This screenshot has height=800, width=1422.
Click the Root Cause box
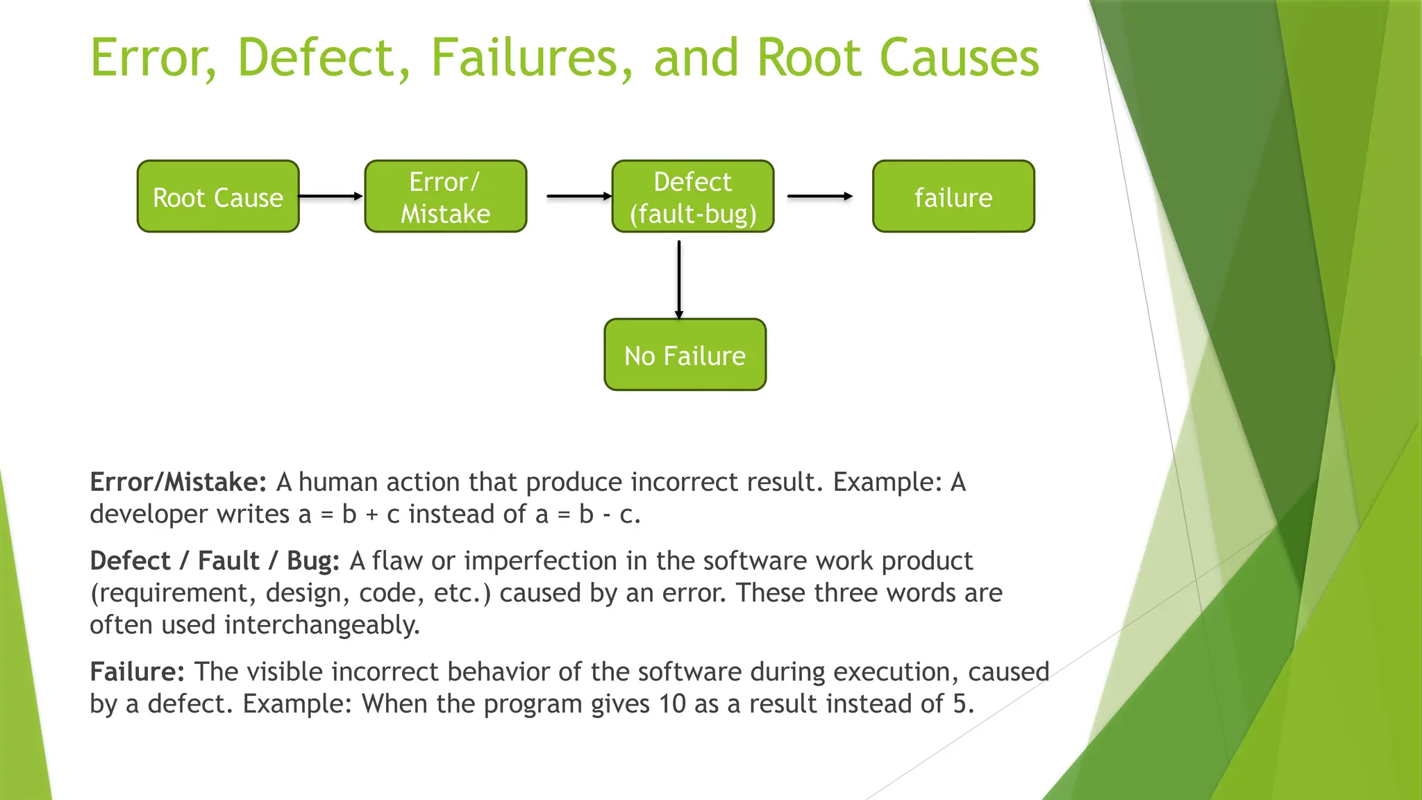tap(218, 197)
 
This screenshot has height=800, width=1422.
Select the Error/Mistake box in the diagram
tap(445, 197)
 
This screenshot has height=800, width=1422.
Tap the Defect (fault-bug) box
tap(692, 197)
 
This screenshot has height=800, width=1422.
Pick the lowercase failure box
tap(953, 197)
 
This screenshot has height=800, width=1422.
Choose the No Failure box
tap(685, 355)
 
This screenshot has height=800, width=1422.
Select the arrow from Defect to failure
tap(820, 197)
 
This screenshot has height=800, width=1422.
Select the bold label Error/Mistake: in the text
tap(178, 482)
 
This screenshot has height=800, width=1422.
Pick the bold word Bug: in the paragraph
tap(313, 560)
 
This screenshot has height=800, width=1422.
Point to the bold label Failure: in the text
tap(137, 672)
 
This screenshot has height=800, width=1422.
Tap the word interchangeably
tap(322, 625)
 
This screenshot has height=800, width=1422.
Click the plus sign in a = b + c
tap(371, 515)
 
